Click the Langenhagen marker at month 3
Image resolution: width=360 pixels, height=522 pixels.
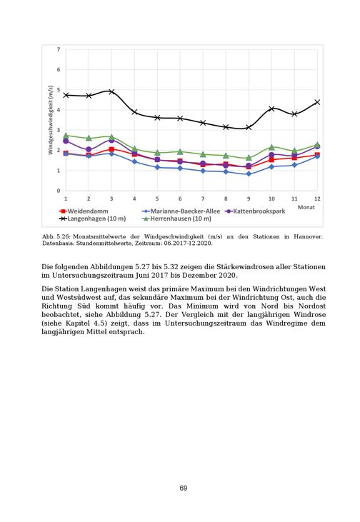coord(111,91)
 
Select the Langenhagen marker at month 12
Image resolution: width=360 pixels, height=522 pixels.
coord(317,102)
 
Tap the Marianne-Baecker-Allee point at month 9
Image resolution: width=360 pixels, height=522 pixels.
coord(249,174)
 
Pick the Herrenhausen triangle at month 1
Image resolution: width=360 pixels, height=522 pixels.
coord(66,136)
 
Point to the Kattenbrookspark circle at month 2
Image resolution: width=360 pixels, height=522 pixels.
coord(89,149)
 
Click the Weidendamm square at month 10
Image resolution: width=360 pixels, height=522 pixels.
coord(271,160)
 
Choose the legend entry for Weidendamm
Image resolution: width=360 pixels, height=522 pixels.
coord(84,211)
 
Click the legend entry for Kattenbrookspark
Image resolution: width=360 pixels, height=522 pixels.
coord(256,211)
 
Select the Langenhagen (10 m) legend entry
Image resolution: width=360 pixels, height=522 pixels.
coord(93,219)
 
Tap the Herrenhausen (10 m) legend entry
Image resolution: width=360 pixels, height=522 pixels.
coord(177,219)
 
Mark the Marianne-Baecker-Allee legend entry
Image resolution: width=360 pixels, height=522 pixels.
coord(181,211)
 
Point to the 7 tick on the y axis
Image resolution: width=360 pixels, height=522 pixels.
coord(59,49)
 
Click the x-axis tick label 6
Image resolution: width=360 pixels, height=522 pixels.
coord(180,199)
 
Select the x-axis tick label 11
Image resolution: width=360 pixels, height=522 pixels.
coord(294,199)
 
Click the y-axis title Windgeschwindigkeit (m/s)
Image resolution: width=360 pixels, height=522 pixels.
coord(51,120)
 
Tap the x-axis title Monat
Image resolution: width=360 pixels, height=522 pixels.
coord(306,207)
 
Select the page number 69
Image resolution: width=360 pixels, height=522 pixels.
coord(184,488)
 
